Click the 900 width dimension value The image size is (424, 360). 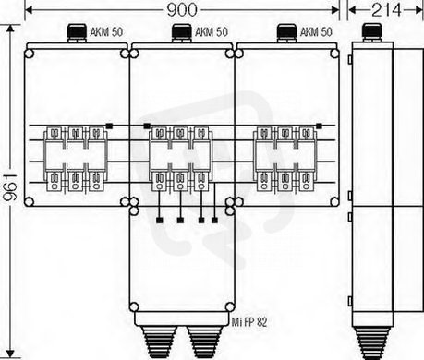pos(182,10)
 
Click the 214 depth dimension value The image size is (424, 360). pos(387,10)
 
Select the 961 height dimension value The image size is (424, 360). pos(10,187)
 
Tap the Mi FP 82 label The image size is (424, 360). pos(249,322)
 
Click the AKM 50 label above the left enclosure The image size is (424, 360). pos(106,32)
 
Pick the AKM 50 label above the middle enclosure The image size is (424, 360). pos(212,32)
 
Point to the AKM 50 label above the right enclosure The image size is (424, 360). pos(316,32)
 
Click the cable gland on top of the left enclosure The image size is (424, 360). pos(77,33)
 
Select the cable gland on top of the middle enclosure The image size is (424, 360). pos(182,33)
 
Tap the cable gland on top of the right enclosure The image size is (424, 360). pos(286,33)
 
